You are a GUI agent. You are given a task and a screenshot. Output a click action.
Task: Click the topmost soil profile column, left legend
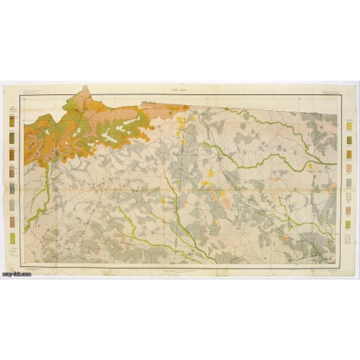pos(13,122)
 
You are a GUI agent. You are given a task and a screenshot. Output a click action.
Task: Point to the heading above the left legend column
pos(13,109)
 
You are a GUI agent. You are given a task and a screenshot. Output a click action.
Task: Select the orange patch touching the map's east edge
pos(332,189)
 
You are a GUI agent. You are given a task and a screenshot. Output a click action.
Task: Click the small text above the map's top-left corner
pos(32,91)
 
